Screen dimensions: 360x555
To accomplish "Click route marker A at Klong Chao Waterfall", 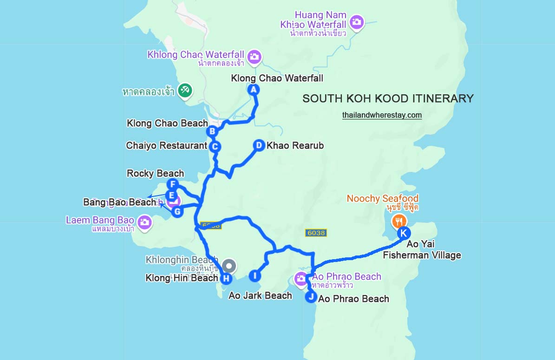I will (253, 90).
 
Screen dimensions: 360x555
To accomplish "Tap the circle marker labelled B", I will (212, 131).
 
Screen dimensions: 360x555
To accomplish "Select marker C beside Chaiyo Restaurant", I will (214, 147).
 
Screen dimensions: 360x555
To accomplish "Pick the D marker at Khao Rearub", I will (259, 145).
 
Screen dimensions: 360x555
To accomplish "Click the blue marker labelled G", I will (176, 212).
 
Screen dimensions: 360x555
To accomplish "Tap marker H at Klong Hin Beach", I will (226, 279).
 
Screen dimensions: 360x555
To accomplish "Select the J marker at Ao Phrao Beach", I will (311, 297).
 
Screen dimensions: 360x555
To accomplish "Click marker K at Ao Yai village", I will (403, 233).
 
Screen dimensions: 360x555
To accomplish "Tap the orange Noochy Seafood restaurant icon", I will (398, 220).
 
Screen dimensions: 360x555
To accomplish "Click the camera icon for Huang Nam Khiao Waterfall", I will (356, 22).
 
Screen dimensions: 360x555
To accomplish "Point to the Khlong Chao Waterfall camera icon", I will (254, 57).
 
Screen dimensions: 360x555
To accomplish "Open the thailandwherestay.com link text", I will (382, 115).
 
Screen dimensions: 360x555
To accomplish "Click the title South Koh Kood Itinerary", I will (388, 98).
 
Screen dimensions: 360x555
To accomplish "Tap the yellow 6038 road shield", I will (316, 233).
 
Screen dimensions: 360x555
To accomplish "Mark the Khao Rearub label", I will (295, 145).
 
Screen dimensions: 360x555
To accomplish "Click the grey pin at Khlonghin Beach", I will (229, 266).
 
